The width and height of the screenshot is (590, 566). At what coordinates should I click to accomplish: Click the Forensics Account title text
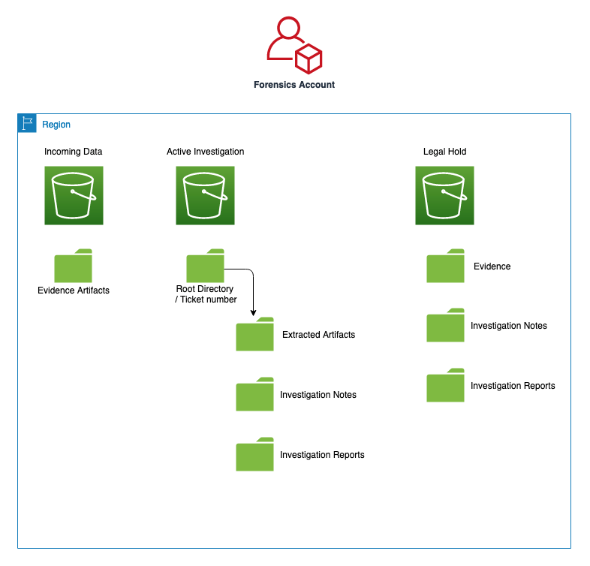[x=294, y=85]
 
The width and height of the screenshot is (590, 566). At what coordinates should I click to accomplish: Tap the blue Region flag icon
[x=27, y=124]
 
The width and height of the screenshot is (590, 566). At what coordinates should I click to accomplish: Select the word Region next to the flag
[x=56, y=125]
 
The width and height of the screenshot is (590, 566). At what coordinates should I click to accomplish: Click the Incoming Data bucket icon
[x=74, y=195]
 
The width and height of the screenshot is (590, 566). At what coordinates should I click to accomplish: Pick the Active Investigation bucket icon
[x=205, y=195]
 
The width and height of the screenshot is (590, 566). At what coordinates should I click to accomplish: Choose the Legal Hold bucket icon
[x=445, y=195]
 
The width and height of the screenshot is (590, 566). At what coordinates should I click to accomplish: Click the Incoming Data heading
[x=74, y=152]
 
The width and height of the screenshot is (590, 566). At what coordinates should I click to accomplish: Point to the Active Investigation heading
[x=205, y=152]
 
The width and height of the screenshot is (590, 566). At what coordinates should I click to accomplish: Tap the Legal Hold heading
[x=445, y=152]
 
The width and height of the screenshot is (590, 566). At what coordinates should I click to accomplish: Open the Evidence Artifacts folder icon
[x=74, y=266]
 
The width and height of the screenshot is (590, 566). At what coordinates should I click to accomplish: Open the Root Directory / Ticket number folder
[x=205, y=266]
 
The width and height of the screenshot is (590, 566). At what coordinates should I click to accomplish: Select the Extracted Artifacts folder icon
[x=254, y=335]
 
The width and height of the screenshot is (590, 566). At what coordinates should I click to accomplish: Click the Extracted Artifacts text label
[x=318, y=335]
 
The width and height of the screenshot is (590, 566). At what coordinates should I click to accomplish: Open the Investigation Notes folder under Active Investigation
[x=254, y=395]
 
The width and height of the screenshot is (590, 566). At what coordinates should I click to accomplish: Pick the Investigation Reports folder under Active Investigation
[x=254, y=455]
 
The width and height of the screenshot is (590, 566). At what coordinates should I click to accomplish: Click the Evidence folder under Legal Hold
[x=445, y=266]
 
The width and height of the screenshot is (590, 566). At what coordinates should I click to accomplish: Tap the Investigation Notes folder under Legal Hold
[x=445, y=326]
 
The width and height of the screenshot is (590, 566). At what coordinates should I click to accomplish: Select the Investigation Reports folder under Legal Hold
[x=445, y=386]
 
